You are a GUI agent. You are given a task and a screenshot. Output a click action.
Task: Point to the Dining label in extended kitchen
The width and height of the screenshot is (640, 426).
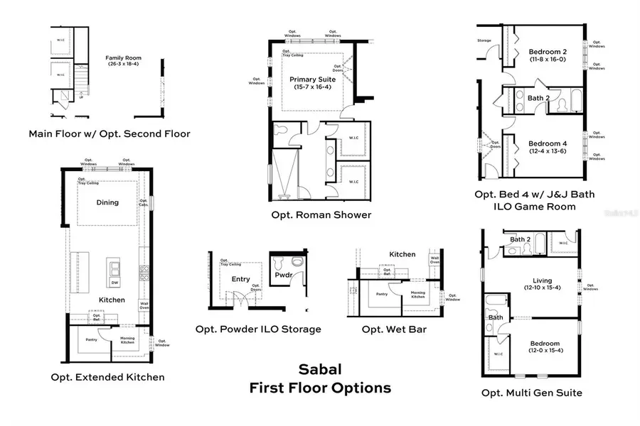coord(107,202)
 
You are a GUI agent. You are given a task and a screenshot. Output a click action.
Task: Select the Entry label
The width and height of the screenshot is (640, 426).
coord(241,279)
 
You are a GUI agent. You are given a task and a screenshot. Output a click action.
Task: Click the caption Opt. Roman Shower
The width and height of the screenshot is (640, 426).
coord(321,215)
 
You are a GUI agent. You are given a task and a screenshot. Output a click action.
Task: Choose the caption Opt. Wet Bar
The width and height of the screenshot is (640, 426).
coord(390,329)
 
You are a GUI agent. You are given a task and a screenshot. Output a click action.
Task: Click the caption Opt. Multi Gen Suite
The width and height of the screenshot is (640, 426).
coord(532,393)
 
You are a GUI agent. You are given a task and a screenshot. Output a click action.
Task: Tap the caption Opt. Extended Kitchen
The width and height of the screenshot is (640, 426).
coord(108,377)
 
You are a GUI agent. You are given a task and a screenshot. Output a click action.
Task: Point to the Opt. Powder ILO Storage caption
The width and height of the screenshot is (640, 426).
coord(258,329)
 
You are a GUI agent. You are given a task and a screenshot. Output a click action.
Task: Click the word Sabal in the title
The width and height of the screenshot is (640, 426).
coord(319,370)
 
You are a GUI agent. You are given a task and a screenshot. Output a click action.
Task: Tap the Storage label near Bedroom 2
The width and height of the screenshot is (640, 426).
coord(484,40)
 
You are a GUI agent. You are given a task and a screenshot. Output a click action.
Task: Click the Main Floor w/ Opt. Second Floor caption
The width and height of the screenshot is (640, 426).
coord(110,133)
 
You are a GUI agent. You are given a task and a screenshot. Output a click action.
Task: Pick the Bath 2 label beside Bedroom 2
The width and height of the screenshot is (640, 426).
coord(538,98)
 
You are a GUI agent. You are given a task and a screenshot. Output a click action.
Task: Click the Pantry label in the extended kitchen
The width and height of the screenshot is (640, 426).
coord(92,339)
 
